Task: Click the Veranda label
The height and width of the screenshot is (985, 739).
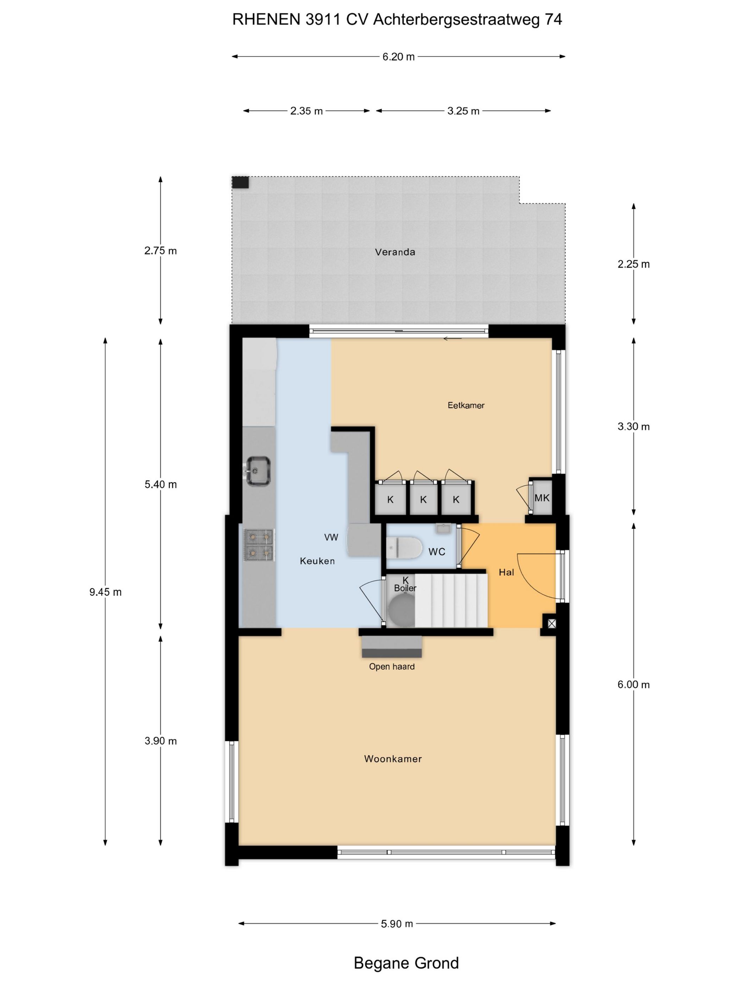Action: (395, 252)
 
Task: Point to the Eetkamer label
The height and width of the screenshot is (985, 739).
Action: (466, 405)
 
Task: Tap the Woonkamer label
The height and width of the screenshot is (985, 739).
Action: (393, 759)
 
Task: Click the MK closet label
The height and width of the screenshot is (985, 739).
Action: (542, 498)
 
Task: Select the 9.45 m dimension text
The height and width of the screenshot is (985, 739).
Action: (106, 592)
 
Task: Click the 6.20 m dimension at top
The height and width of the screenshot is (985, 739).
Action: (399, 57)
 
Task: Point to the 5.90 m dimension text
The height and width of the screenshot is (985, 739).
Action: (397, 923)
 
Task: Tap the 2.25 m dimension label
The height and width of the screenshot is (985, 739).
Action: (633, 264)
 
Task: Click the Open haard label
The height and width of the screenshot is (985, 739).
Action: (392, 667)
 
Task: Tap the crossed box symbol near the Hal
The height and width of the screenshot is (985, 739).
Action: (551, 624)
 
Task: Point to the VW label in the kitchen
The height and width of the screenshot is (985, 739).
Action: (331, 538)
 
